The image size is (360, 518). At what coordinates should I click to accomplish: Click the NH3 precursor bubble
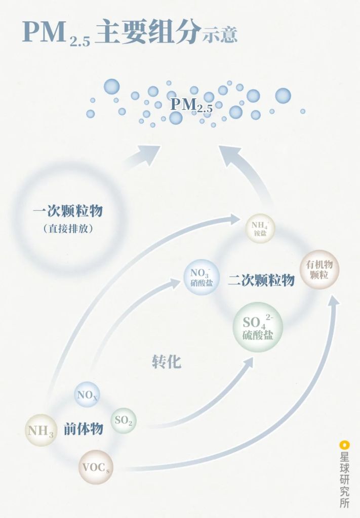coord(41,431)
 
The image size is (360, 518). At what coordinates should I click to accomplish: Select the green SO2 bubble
coord(123,420)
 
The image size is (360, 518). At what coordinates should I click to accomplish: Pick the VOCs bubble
coord(96,467)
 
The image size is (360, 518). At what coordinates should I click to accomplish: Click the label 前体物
coord(84,429)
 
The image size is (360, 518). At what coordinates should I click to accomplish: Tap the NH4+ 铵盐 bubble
coord(260,228)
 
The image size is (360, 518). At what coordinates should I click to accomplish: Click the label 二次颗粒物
coord(261,280)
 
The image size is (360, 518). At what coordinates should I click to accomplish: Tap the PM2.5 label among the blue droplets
coord(191,105)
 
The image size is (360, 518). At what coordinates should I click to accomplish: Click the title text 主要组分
coord(147,33)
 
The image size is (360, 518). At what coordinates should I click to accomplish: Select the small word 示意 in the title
coord(220,35)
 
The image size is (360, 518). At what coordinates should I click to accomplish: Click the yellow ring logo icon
coord(345,445)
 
